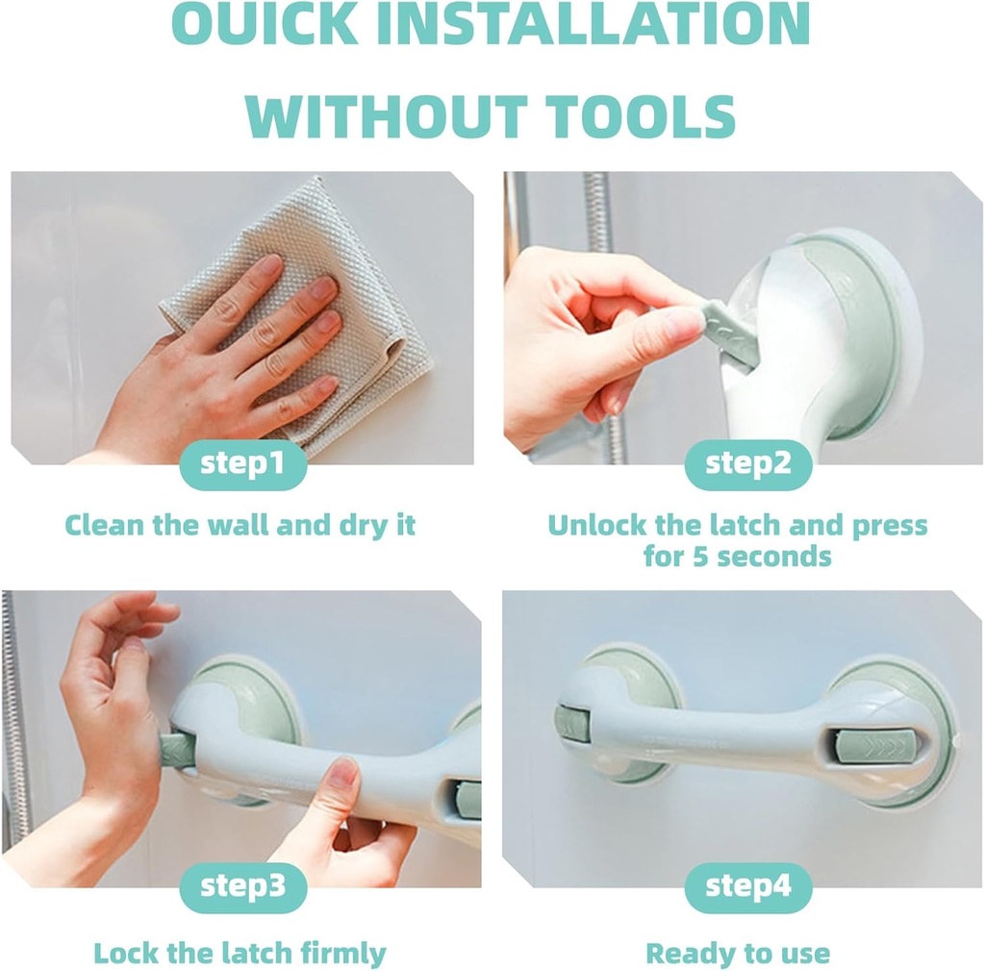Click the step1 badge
[242, 465]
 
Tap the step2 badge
[747, 465]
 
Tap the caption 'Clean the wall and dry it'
[240, 526]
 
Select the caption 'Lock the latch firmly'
[240, 953]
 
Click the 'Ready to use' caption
[737, 953]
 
